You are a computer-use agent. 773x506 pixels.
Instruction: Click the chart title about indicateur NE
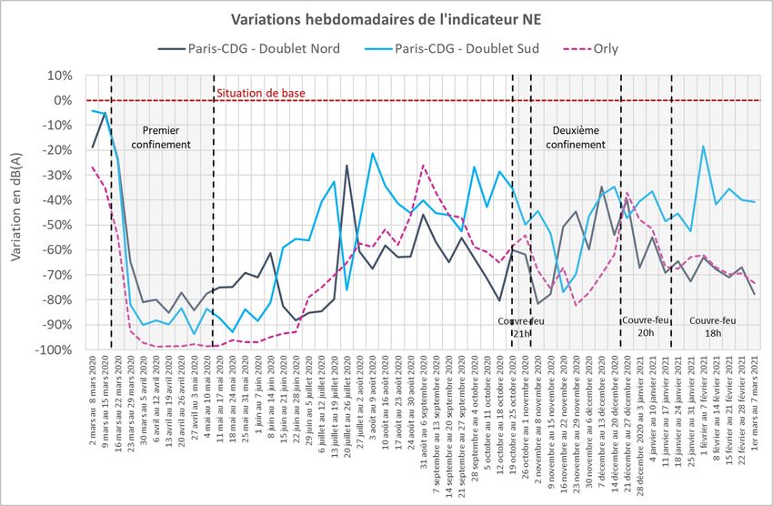(x=386, y=19)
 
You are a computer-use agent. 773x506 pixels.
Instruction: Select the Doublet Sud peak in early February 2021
(x=703, y=147)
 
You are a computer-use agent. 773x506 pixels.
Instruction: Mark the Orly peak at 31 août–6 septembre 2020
(x=423, y=166)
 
